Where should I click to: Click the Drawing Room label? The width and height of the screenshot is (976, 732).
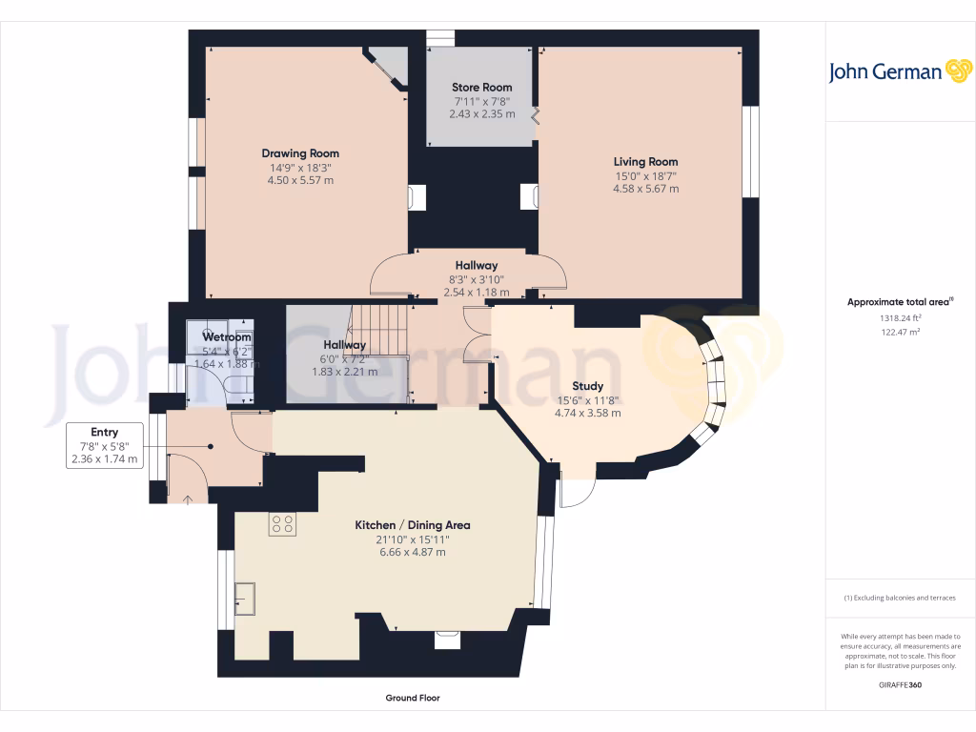[300, 153]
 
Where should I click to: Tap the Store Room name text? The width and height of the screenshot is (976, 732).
[481, 87]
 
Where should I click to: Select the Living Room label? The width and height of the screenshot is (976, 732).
[645, 162]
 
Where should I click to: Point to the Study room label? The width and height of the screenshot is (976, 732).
[587, 386]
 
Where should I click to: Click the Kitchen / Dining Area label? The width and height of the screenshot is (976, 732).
[412, 525]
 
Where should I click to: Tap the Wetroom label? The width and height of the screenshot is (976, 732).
[227, 337]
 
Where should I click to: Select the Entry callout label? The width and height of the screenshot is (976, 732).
[104, 433]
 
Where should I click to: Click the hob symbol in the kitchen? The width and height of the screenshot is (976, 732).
[282, 523]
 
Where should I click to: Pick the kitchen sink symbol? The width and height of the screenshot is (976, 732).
[245, 598]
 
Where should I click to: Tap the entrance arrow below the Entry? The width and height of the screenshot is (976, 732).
[188, 497]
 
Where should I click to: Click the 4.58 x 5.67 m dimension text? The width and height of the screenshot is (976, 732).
[645, 189]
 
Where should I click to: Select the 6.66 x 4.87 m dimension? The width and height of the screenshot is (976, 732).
[412, 552]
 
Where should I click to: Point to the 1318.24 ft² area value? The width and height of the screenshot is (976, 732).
[900, 318]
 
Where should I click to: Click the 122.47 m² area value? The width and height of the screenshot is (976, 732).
[900, 332]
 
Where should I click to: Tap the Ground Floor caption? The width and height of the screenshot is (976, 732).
[412, 698]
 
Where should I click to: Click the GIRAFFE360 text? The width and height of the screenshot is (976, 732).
[900, 685]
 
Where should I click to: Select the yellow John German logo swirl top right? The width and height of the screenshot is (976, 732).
[958, 71]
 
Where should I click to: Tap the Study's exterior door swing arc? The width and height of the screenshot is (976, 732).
[579, 491]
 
